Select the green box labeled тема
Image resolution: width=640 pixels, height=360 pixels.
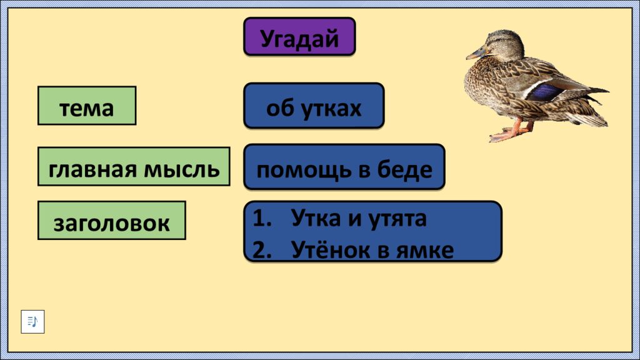87,106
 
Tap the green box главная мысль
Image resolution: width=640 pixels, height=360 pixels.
134,167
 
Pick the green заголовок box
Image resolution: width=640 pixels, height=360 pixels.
112,221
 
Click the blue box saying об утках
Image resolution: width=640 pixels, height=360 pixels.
314,106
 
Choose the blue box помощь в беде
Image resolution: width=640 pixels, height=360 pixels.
344,167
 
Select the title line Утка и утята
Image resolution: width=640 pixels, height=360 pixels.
359,218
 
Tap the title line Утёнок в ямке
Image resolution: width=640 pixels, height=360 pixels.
372,250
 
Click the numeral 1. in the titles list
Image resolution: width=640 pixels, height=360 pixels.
262,218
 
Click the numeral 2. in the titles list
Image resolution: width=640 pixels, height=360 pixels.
262,250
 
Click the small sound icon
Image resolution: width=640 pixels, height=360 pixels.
32,321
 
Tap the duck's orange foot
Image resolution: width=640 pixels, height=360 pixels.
504,133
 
